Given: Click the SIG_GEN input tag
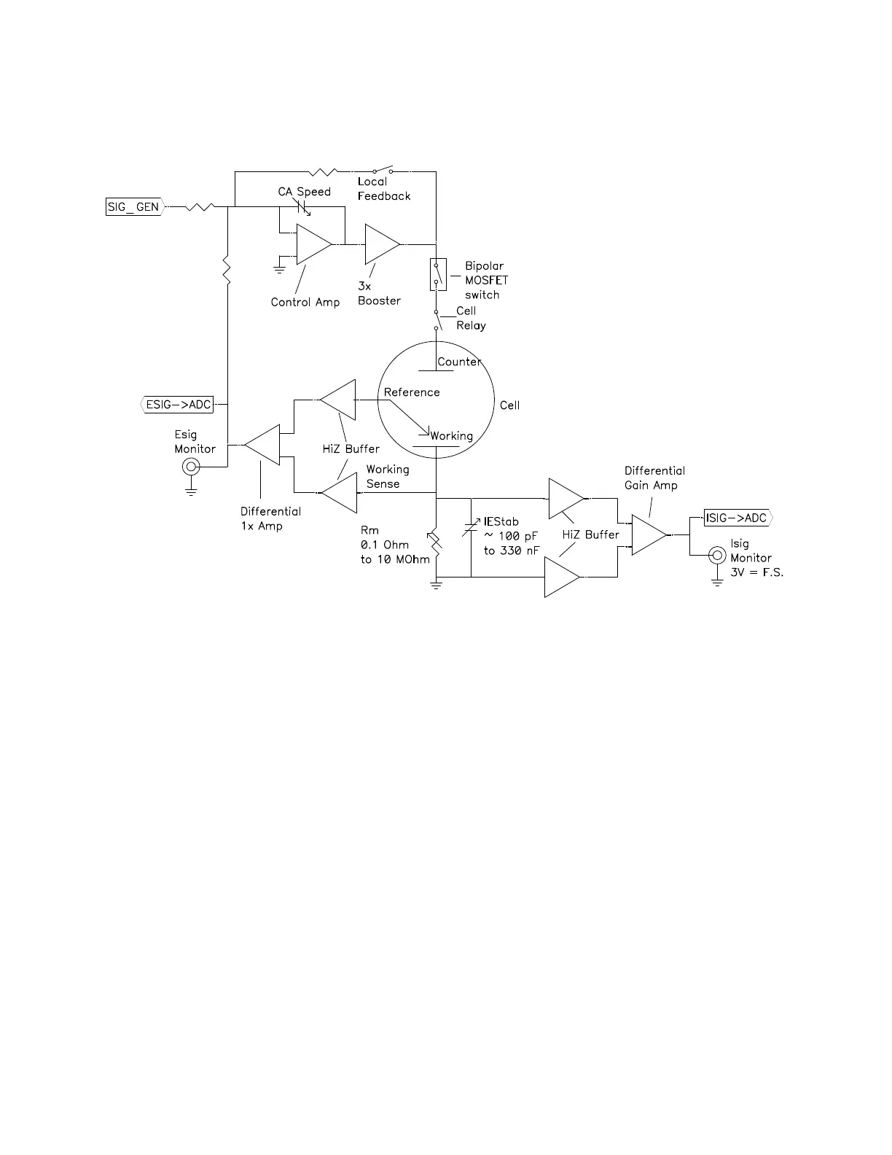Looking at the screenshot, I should (x=133, y=207).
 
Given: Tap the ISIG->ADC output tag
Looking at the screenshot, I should (x=736, y=518).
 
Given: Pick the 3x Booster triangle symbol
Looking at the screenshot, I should (x=381, y=244).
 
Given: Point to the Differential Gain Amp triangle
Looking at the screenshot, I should (x=649, y=534).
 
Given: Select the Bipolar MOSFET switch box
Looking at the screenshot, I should (x=437, y=274).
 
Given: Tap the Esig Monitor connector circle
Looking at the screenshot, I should (x=191, y=467).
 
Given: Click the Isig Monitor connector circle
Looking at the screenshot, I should (x=718, y=556).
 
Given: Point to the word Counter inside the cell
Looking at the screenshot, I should (x=459, y=362).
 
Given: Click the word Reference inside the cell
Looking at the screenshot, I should (x=412, y=392).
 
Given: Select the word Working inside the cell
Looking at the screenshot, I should (x=452, y=436).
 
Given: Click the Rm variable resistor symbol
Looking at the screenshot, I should (x=436, y=543).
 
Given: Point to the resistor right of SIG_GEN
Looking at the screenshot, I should (x=199, y=207).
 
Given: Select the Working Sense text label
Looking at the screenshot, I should (x=387, y=476).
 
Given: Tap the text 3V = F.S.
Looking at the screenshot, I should (x=756, y=572).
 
